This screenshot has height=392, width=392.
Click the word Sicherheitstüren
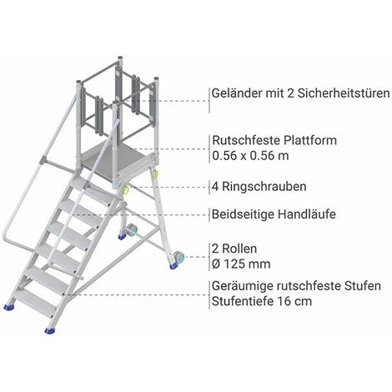[x=344, y=93]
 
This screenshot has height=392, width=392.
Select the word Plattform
[x=310, y=140]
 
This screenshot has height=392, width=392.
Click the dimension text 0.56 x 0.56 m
[x=250, y=156]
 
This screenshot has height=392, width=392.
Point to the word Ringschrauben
[x=264, y=187]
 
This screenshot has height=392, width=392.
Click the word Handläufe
[x=307, y=214]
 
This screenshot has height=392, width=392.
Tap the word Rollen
[x=239, y=249]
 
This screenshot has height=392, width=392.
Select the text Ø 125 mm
[x=241, y=264]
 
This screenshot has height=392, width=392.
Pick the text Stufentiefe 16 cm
[x=262, y=301]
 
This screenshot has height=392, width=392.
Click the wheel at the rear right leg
[x=179, y=257]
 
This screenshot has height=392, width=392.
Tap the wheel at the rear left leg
[x=132, y=230]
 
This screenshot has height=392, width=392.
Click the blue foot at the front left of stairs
[x=9, y=307]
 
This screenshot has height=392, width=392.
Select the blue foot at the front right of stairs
[x=50, y=330]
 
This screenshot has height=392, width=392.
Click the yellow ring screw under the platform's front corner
[x=126, y=190]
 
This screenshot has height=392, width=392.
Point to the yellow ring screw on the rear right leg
[x=155, y=173]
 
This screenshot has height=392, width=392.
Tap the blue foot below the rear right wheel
[x=174, y=266]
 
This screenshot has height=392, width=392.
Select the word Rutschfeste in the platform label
[x=246, y=140]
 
